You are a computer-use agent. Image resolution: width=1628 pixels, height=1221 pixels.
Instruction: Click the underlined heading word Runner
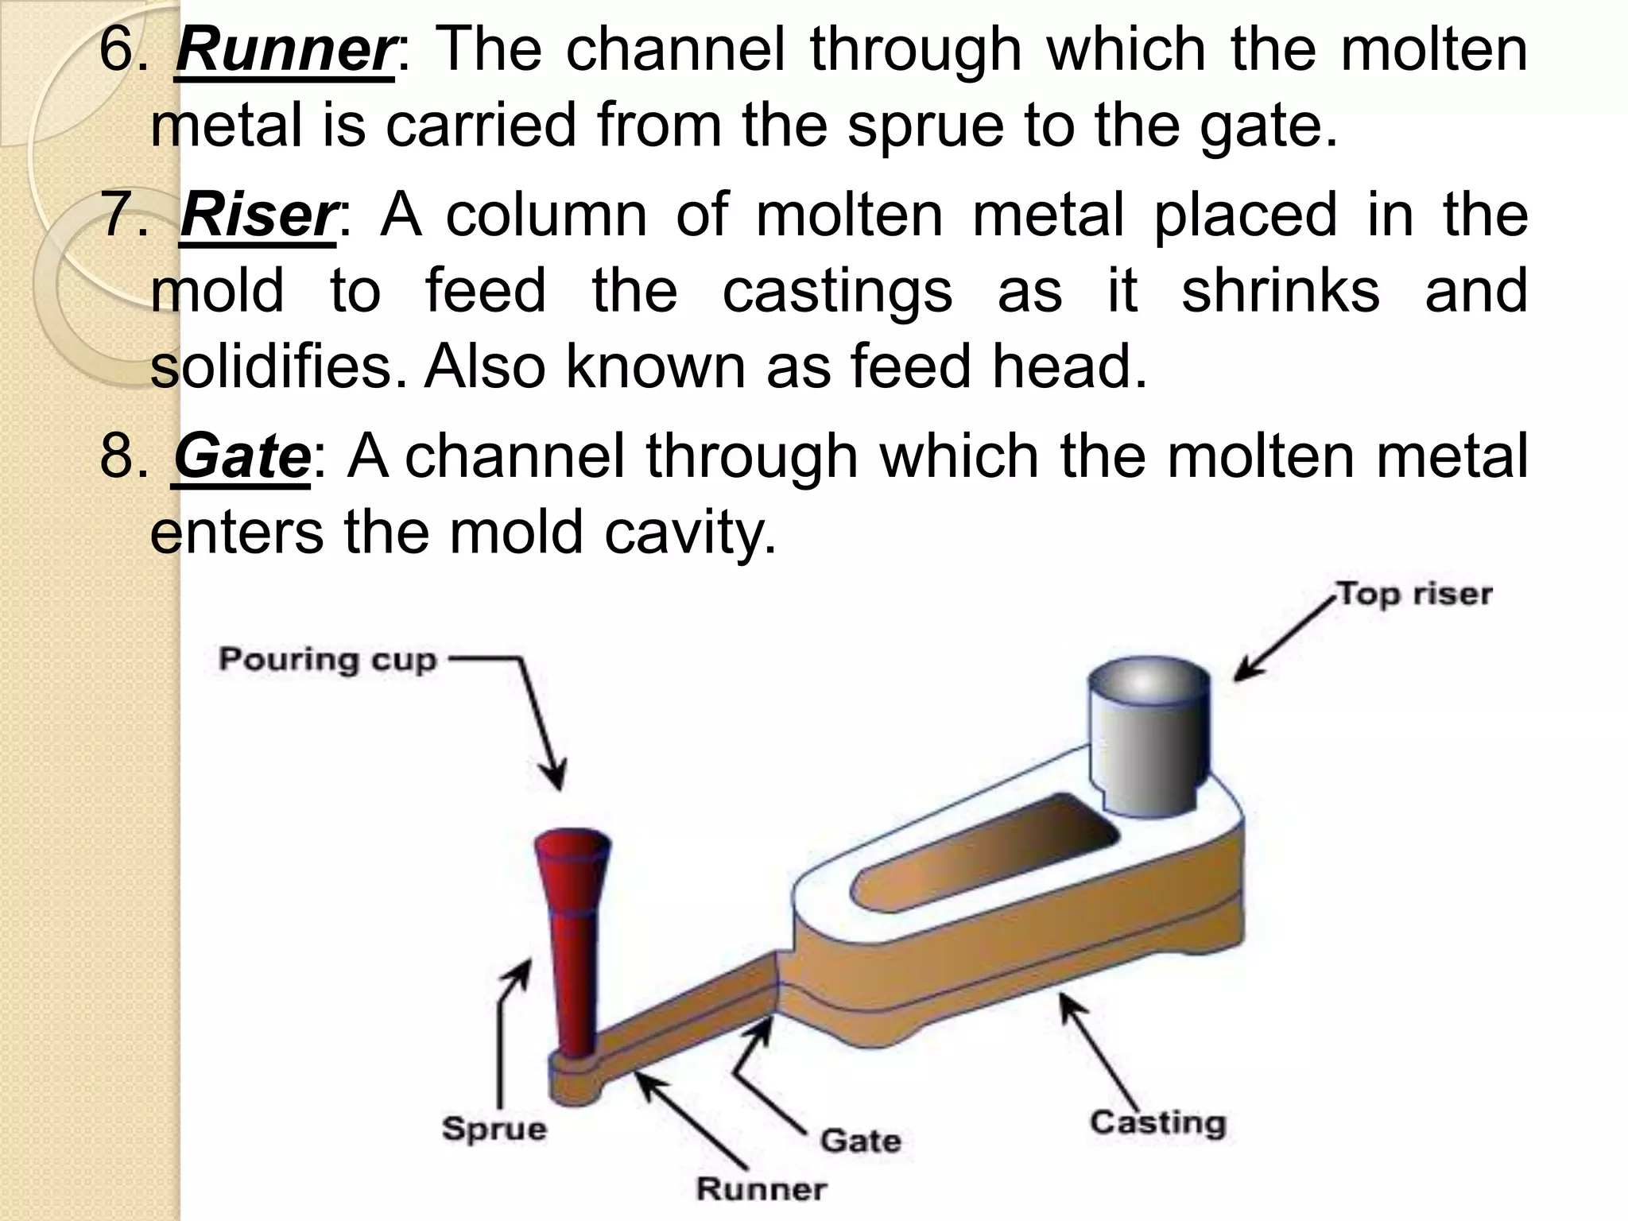click(284, 52)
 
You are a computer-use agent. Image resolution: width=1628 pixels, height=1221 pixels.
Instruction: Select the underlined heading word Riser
click(258, 217)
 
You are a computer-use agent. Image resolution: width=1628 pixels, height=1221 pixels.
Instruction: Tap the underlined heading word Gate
click(242, 459)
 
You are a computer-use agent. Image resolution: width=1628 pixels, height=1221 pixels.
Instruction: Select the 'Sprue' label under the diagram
click(494, 1129)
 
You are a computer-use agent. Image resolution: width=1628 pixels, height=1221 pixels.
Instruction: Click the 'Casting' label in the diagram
click(1158, 1123)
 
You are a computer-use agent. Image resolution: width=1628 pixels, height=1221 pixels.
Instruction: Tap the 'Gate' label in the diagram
click(861, 1142)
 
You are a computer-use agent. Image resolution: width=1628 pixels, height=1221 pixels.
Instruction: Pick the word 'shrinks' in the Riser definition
click(1280, 290)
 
